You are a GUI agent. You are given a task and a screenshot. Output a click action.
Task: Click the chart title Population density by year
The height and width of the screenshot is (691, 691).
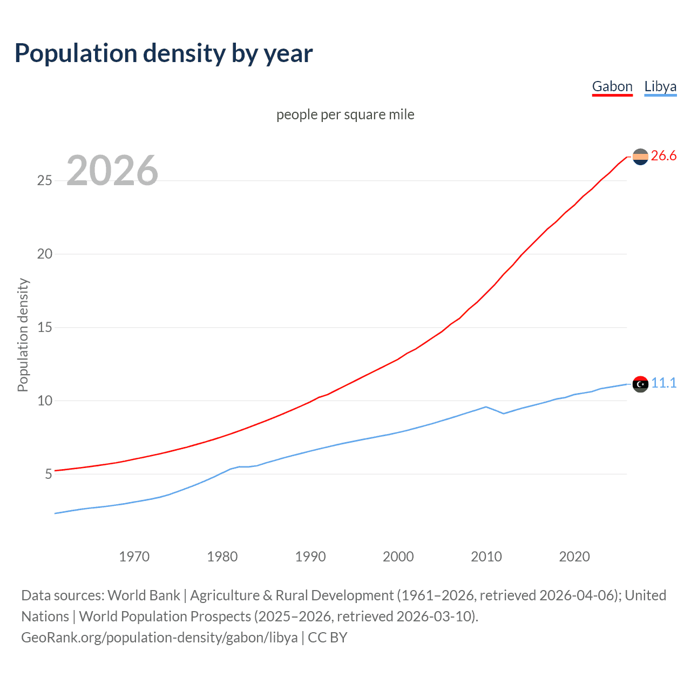coord(164,53)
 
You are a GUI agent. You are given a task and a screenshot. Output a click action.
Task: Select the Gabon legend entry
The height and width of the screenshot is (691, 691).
coord(612,86)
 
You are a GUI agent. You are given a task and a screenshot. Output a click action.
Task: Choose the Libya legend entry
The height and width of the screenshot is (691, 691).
coord(660,86)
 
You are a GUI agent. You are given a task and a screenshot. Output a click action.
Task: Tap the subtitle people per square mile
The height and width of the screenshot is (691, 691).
coord(345,114)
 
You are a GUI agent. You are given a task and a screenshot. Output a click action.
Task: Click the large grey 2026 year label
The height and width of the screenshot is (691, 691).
coord(112,171)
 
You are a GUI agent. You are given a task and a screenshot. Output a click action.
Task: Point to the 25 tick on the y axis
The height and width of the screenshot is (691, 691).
coord(44,180)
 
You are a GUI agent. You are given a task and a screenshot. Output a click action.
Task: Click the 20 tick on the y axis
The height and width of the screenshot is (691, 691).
coord(44,254)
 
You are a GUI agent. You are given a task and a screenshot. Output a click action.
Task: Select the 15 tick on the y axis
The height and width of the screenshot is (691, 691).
coord(44,327)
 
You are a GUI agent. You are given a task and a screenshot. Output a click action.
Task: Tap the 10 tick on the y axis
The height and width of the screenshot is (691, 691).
coord(44,401)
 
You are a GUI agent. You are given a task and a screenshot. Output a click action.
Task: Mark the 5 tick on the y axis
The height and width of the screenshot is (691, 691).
coord(48,474)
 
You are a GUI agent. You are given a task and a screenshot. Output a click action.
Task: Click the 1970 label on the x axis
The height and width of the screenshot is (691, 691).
coord(134,557)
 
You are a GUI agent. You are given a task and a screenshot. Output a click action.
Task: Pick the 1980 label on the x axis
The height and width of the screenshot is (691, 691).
coord(222,557)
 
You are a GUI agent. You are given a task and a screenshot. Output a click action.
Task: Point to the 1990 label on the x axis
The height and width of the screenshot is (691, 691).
coord(310,557)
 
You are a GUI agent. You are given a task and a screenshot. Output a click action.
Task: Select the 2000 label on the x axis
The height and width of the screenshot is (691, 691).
coord(398,557)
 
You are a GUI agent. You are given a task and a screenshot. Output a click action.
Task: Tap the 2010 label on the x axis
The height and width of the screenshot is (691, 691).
coord(486,557)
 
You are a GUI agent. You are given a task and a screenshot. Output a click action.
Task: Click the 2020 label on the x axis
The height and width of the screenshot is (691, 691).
coord(574,557)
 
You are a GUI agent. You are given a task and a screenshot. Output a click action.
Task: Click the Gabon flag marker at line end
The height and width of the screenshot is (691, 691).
coord(640,157)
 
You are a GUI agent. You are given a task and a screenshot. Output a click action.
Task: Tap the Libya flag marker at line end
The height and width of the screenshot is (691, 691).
coord(640,384)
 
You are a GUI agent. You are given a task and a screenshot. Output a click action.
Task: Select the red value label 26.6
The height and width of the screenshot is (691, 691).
coord(663,156)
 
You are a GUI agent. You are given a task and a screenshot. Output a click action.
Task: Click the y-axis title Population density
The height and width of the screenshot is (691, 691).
coord(23,335)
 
